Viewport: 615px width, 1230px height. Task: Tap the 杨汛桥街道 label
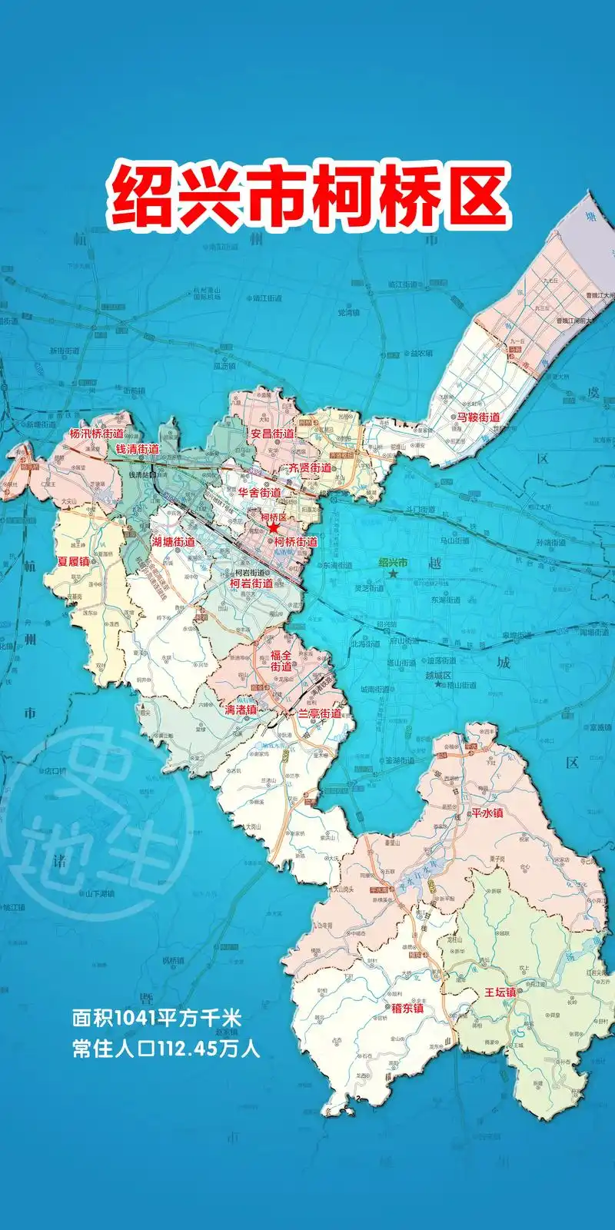point(96,434)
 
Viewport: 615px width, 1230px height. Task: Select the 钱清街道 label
point(137,448)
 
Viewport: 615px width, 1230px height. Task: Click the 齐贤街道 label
point(309,467)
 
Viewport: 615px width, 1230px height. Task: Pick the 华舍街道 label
point(259,492)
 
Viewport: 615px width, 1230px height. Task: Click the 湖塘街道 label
point(173,541)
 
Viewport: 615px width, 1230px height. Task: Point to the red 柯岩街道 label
point(251,583)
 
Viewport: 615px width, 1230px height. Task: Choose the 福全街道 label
point(281,661)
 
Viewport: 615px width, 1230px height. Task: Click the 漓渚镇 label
point(240,710)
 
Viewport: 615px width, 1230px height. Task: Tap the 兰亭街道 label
point(320,714)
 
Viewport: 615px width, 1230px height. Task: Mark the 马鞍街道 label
point(478,417)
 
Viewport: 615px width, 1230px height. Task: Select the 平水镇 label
point(487,813)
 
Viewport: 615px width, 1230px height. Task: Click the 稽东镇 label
point(407,1008)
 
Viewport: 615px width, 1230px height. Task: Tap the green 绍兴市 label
point(394,562)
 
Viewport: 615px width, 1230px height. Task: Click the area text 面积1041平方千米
point(157,1019)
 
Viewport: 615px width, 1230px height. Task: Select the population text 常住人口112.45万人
point(166,1049)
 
